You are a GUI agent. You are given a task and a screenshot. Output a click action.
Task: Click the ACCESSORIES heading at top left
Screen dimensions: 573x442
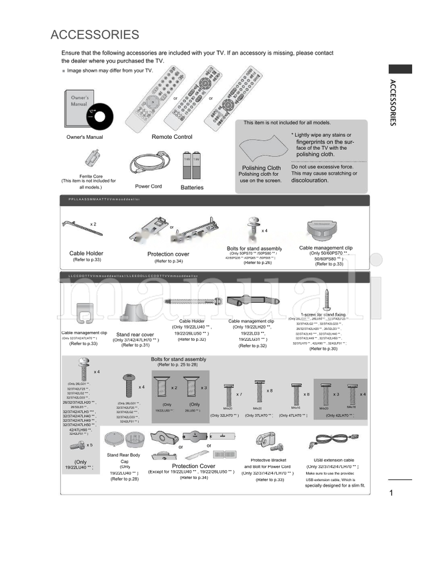tap(94, 35)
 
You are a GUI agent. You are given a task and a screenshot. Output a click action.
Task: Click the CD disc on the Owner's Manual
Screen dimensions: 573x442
tap(101, 117)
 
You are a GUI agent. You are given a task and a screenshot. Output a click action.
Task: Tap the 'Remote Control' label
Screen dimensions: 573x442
tap(172, 137)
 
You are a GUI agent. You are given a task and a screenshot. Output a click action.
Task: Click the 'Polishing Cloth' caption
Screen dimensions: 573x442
tap(261, 168)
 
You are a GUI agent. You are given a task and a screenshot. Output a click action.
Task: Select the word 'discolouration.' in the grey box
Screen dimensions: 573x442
tap(309, 180)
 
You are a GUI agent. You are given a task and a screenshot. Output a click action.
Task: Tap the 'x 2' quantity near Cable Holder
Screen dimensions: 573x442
tap(93, 224)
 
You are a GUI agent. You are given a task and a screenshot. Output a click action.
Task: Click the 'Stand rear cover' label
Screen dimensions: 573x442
tap(135, 335)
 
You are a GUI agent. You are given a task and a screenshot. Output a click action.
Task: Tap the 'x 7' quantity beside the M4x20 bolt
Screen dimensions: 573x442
tap(239, 394)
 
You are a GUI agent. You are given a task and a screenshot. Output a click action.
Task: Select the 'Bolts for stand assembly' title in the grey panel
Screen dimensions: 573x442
tap(178, 359)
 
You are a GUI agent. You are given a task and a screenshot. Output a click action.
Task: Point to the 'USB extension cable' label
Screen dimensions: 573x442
tap(333, 460)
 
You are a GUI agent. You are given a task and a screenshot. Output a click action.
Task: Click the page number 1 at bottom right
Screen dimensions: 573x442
tap(390, 494)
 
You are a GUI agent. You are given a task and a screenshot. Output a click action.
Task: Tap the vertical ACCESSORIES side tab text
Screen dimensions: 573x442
tap(393, 103)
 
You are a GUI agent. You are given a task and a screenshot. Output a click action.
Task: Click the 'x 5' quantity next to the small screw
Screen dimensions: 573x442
tap(90, 444)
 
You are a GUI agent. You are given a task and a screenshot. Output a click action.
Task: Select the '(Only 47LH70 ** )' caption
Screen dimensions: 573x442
tap(293, 415)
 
